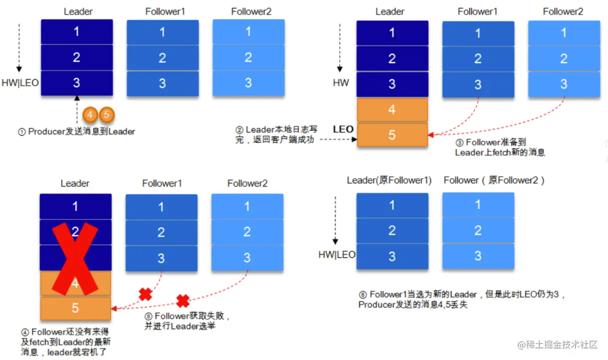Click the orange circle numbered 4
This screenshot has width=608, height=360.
[90, 115]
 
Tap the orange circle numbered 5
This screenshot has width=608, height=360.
[106, 115]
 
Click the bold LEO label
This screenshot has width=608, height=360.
[344, 129]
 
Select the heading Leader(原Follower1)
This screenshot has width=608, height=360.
[389, 180]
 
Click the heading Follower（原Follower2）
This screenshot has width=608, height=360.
[494, 180]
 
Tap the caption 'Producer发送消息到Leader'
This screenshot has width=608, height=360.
[77, 132]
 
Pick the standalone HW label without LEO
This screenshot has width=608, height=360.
[341, 83]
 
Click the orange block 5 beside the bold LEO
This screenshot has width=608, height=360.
[392, 135]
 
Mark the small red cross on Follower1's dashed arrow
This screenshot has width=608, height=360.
[145, 294]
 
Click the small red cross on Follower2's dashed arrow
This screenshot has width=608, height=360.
[183, 300]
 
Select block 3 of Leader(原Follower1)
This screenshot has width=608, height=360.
[392, 256]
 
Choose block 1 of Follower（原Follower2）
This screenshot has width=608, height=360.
[478, 204]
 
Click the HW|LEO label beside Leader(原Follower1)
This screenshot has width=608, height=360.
[337, 254]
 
